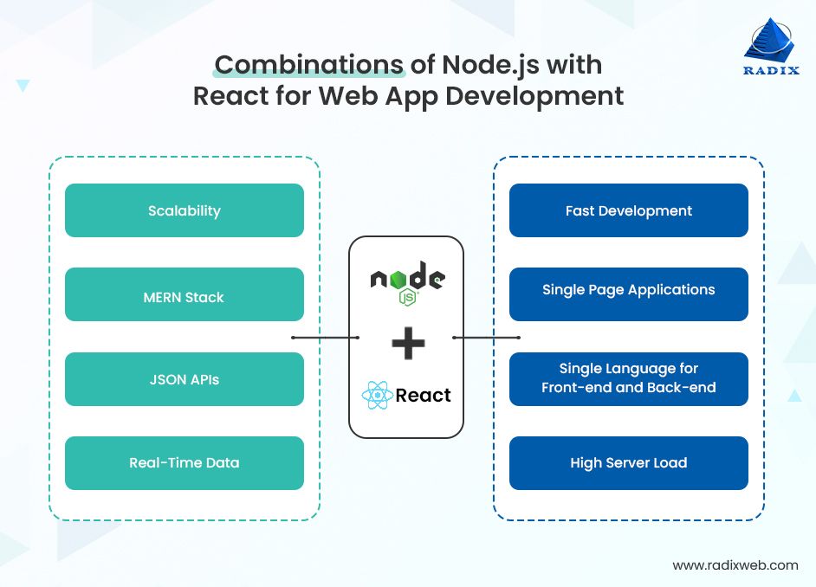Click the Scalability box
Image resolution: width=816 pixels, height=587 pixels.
click(185, 210)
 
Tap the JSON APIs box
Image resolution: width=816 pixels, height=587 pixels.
click(185, 379)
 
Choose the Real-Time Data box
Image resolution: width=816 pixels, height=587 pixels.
click(185, 463)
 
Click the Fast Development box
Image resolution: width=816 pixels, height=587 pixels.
click(628, 210)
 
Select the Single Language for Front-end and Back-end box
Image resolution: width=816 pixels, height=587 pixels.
click(628, 379)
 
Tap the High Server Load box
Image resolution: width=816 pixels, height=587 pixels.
click(628, 463)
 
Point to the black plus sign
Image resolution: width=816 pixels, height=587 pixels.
click(407, 342)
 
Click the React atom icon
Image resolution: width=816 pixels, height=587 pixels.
click(377, 396)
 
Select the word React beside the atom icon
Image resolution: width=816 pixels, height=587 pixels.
click(424, 396)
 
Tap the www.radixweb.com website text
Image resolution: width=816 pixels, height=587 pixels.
click(735, 565)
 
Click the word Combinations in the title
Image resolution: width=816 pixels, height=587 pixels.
click(309, 66)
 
